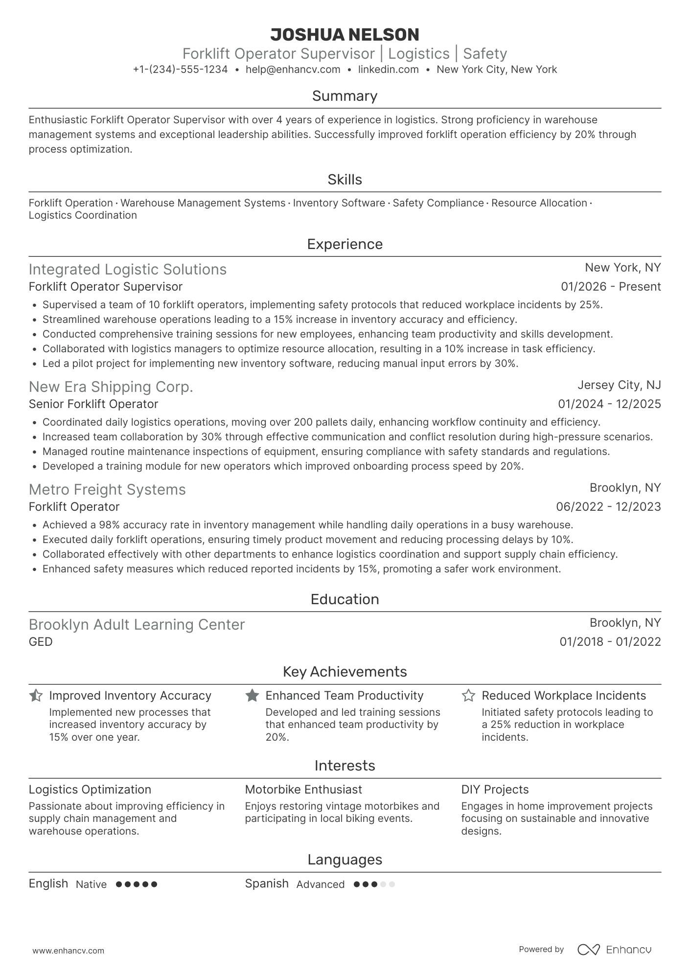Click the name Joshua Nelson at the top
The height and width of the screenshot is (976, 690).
point(345,35)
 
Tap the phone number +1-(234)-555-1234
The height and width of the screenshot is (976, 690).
point(180,69)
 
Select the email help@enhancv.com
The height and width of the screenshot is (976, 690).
point(293,69)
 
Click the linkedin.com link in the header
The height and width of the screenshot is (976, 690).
point(388,69)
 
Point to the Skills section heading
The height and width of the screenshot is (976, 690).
point(345,180)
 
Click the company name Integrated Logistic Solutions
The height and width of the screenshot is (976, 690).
point(128,270)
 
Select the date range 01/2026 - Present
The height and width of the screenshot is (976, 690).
point(611,287)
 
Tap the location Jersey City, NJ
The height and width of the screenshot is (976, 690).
point(619,385)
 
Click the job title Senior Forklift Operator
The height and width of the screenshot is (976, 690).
point(93,404)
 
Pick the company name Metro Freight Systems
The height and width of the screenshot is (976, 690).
point(107,490)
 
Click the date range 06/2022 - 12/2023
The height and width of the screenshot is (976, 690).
point(608,507)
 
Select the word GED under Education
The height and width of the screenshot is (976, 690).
point(41,642)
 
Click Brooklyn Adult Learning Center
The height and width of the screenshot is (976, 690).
point(137,625)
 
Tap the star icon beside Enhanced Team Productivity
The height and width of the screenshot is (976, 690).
point(252,695)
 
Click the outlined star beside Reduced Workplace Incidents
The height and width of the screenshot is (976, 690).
point(468,695)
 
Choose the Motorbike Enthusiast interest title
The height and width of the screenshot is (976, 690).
point(303,790)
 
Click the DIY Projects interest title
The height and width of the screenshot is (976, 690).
point(495,790)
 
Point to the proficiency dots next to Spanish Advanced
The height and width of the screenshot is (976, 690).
point(374,884)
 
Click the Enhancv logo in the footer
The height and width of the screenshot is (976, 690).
point(615,950)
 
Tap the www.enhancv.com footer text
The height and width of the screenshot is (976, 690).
point(69,951)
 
